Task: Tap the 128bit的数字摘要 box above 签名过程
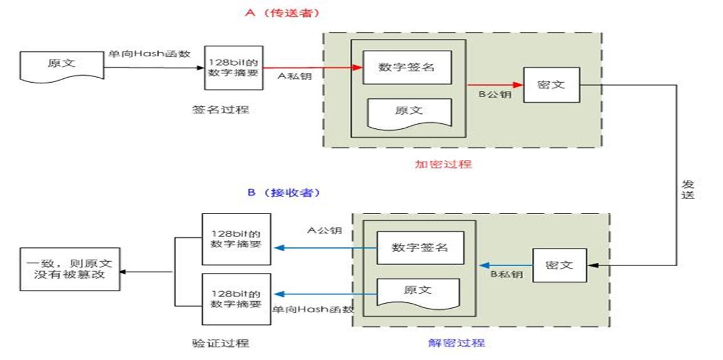(233, 67)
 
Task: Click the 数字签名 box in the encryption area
(407, 67)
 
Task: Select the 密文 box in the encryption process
(551, 85)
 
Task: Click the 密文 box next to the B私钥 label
(559, 264)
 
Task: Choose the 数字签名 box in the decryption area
(419, 247)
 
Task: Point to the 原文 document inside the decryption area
(418, 292)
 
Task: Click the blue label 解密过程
(456, 343)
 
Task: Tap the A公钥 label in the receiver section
(325, 230)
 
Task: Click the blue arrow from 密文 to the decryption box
(511, 264)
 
